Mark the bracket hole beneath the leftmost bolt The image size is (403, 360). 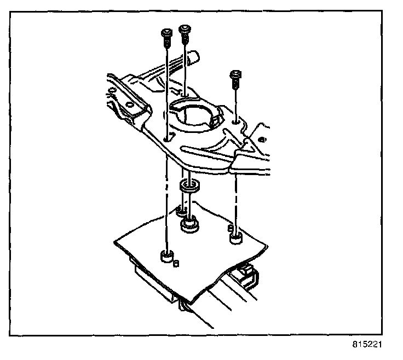(165, 139)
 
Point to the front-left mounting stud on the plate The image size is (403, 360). (166, 256)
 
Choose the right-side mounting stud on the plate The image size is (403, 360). (234, 237)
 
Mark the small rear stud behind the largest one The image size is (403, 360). (181, 211)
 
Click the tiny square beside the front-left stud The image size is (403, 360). (176, 263)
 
